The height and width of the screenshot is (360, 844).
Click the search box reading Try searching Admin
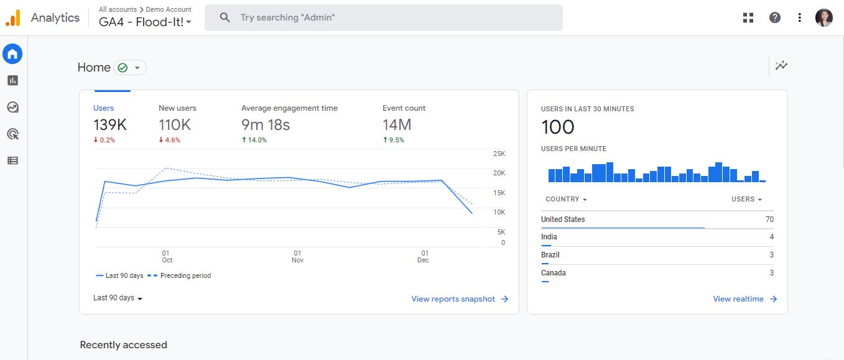point(383,17)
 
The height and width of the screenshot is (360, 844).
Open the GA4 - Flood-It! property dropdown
point(145,22)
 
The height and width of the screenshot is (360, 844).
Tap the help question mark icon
point(774,17)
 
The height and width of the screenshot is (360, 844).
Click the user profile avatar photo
point(823,17)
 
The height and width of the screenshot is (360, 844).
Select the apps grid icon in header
point(748,17)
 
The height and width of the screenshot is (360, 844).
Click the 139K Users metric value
point(110,125)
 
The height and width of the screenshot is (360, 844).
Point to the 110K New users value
point(175,125)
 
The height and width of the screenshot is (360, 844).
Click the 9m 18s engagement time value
point(266,125)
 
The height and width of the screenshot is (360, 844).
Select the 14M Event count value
point(397,125)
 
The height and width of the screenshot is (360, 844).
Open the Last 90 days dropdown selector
point(118,298)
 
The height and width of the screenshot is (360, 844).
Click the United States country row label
point(563,219)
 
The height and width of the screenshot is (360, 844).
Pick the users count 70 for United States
point(769,219)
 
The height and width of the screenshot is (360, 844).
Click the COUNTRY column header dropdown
point(566,200)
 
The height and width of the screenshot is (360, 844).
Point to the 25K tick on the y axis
point(499,154)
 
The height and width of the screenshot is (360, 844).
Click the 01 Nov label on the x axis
point(297,256)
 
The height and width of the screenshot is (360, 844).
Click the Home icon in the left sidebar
point(12,54)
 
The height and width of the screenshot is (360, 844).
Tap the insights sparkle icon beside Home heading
point(782,65)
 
